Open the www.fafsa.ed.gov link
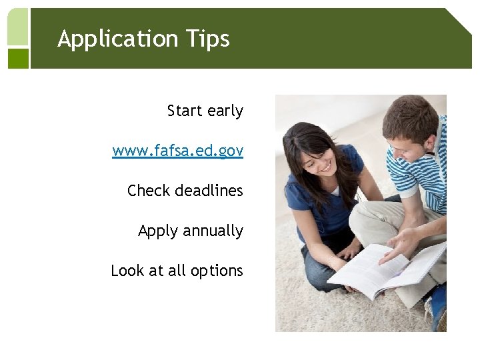[x=178, y=151]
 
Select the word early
[x=225, y=111]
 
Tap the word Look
[x=127, y=271]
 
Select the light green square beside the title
[x=18, y=27]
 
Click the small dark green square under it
[x=18, y=58]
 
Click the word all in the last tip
[x=177, y=271]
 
